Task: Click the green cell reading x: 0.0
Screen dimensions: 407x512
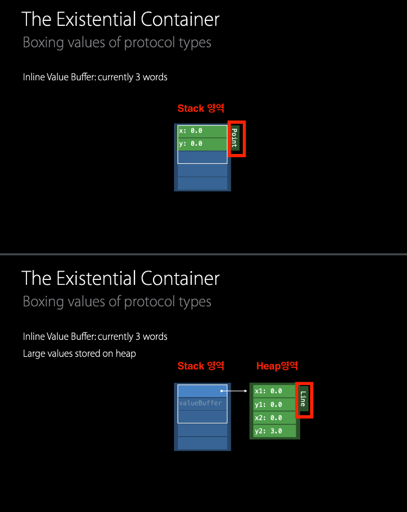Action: pyautogui.click(x=202, y=131)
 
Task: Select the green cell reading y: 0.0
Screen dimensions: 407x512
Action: pyautogui.click(x=202, y=144)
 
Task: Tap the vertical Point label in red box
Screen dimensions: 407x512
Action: pyautogui.click(x=235, y=138)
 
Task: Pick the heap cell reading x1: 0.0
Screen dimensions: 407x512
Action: pyautogui.click(x=274, y=391)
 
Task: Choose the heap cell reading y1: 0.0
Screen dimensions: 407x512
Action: pyautogui.click(x=274, y=404)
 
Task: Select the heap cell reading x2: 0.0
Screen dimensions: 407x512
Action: pyautogui.click(x=274, y=418)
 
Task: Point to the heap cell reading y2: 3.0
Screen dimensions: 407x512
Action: pyautogui.click(x=274, y=431)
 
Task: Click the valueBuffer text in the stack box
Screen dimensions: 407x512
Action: pyautogui.click(x=200, y=403)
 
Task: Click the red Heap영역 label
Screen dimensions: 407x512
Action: pyautogui.click(x=277, y=366)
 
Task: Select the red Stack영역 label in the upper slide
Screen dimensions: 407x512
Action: pyautogui.click(x=200, y=108)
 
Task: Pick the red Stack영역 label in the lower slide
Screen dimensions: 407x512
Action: pyautogui.click(x=200, y=366)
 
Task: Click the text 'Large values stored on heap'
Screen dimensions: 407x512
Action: pyautogui.click(x=79, y=354)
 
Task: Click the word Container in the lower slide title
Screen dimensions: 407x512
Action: pyautogui.click(x=180, y=278)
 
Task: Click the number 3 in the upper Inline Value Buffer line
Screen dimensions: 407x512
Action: pyautogui.click(x=138, y=77)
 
